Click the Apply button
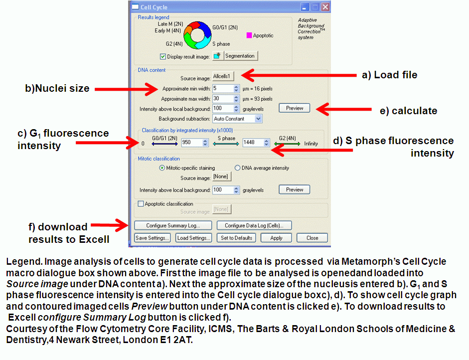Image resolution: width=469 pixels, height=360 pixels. pos(276,238)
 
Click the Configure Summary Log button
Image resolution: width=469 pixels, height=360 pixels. pos(173,225)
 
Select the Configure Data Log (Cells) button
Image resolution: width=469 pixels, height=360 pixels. pos(254,225)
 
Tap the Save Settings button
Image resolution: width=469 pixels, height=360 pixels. pos(152,238)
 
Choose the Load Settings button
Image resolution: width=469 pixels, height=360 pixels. pos(193,238)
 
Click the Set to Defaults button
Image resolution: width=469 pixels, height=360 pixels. pos(236,238)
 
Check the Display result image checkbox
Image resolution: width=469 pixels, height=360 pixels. pos(162,56)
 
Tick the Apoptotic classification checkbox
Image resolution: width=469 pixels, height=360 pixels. pos(141,204)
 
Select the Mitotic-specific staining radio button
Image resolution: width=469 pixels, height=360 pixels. pos(162,168)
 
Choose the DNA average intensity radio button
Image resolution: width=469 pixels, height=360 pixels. pos(238,168)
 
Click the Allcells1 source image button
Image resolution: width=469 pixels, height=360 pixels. pos(223,77)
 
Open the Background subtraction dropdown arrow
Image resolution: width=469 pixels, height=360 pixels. pos(259,119)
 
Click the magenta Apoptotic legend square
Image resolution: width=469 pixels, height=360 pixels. pos(249,35)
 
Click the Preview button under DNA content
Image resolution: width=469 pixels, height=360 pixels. pos(295,108)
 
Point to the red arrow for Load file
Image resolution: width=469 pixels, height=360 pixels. pos(299,75)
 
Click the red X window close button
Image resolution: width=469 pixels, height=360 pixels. pos(325,7)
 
